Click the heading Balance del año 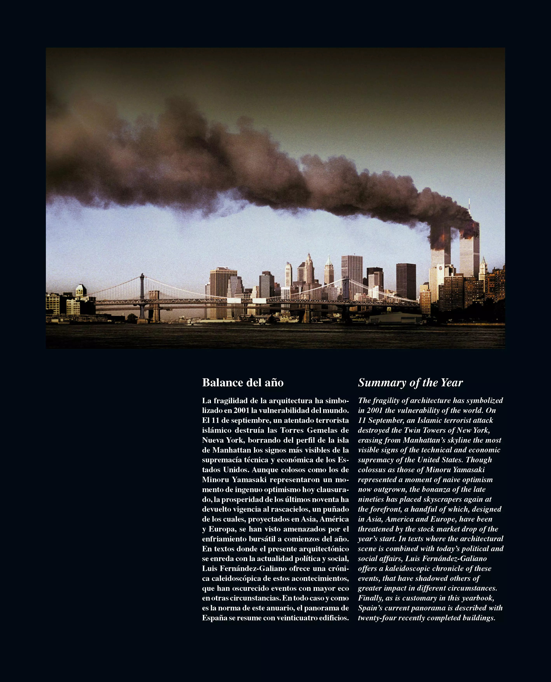tap(243, 383)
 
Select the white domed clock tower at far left tap(81, 290)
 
